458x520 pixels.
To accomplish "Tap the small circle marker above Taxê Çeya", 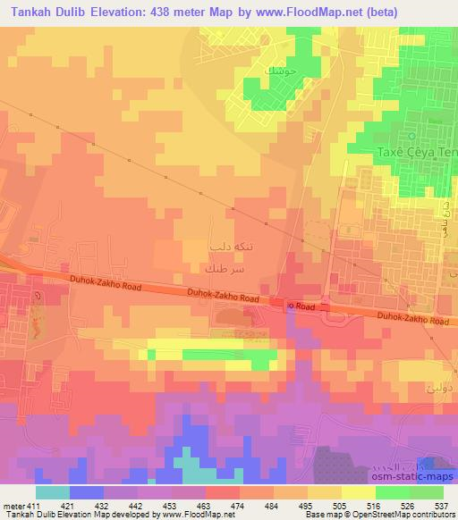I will (411, 136).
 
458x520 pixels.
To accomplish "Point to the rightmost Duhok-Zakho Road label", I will (412, 317).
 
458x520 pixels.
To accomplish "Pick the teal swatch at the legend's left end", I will (53, 492).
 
